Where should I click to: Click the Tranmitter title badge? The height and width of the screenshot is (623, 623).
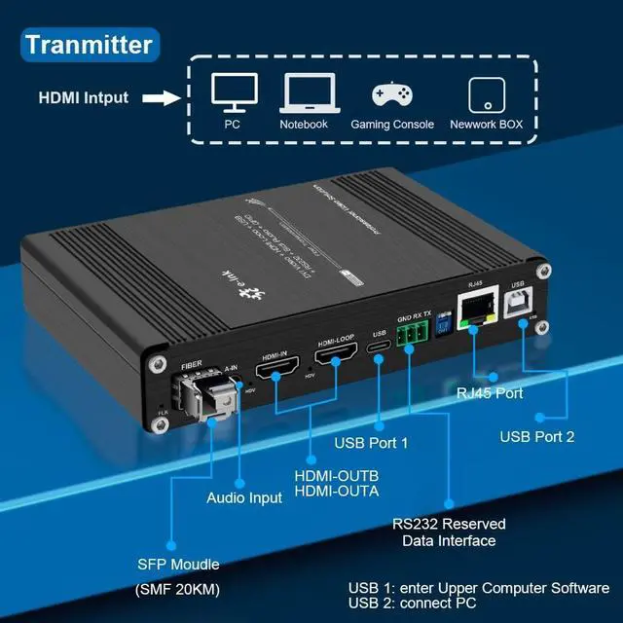89,44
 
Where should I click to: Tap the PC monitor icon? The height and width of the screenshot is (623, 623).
234,92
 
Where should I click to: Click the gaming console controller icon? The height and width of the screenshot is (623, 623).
393,94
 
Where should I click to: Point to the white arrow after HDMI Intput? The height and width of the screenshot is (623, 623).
164,98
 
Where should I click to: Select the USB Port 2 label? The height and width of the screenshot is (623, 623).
537,436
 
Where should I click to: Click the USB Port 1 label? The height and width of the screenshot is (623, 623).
371,444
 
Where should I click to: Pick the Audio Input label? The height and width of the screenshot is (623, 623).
244,497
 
